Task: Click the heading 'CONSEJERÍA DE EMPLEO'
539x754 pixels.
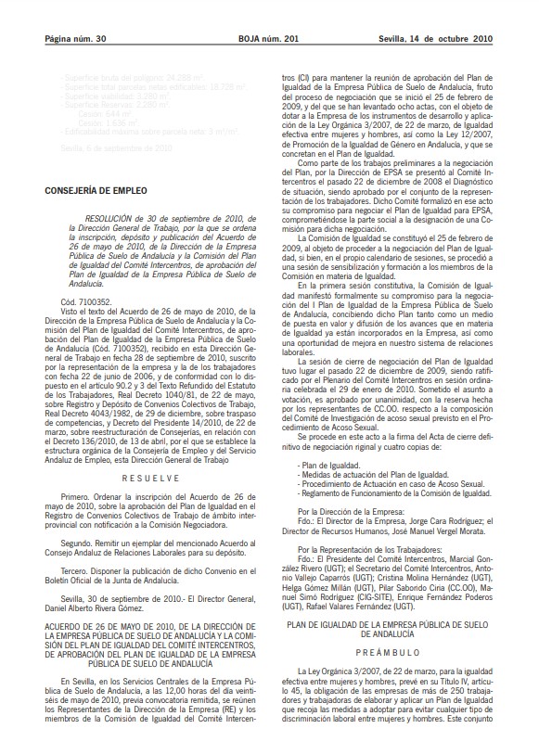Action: click(x=90, y=216)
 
